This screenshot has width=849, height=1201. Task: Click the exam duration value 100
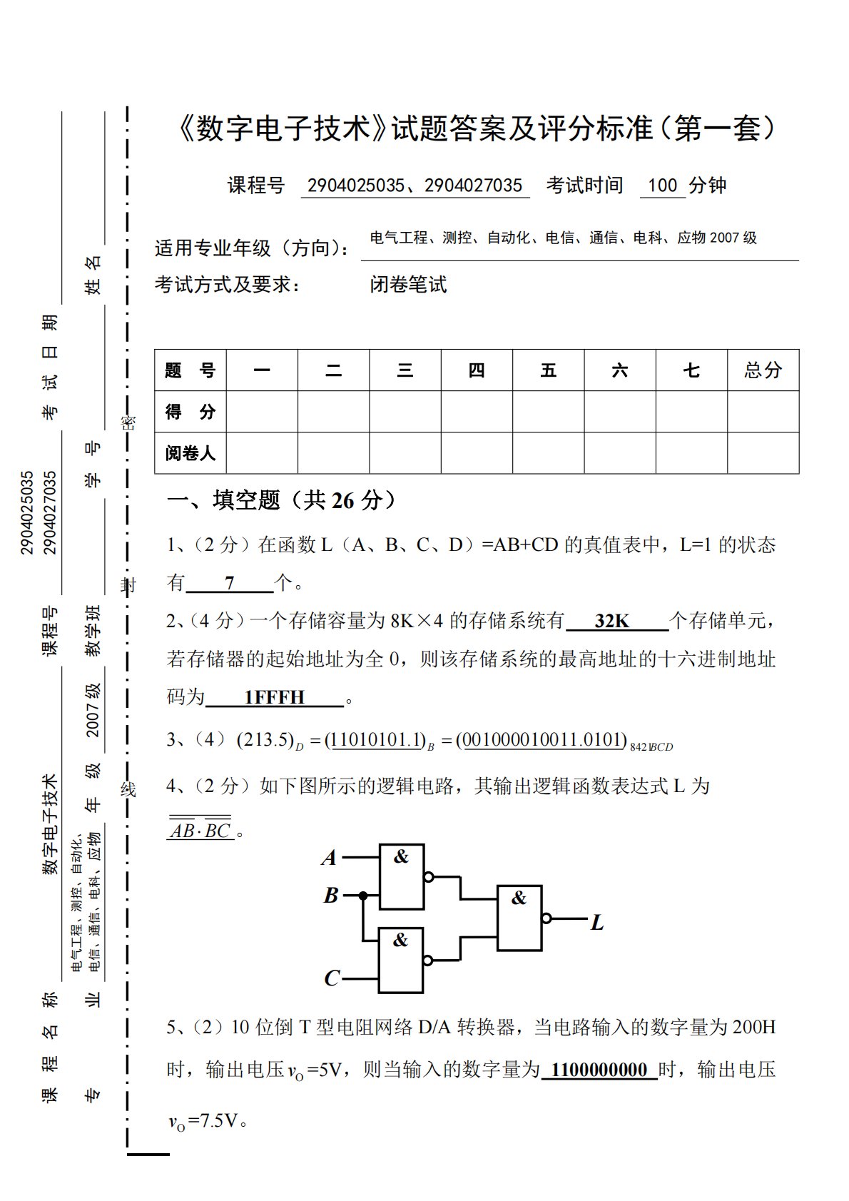pos(662,186)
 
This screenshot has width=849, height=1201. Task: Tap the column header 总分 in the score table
pos(763,370)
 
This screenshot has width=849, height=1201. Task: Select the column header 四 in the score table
pos(477,370)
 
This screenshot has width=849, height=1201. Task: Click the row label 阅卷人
pos(190,453)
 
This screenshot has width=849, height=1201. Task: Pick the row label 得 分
pos(190,412)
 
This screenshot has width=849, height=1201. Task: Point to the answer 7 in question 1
pos(229,583)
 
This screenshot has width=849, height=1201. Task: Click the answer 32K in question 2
pos(612,621)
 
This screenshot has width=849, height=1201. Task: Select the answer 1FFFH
pos(274,697)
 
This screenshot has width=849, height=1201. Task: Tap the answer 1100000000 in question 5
pos(599,1069)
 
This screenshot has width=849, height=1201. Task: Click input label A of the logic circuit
pos(329,857)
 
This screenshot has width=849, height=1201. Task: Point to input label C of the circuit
pos(331,978)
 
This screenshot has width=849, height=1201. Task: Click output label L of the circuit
pos(597,923)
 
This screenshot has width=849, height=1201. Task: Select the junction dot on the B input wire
pos(363,895)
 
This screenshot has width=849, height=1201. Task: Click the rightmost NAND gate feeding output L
pos(519,918)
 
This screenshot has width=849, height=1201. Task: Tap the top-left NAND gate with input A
pos(401,876)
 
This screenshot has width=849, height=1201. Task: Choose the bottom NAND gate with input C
pos(401,960)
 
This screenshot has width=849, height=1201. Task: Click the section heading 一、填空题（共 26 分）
pos(281,500)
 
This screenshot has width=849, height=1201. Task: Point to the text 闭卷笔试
pos(408,285)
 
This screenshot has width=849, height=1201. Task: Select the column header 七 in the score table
pos(691,370)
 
